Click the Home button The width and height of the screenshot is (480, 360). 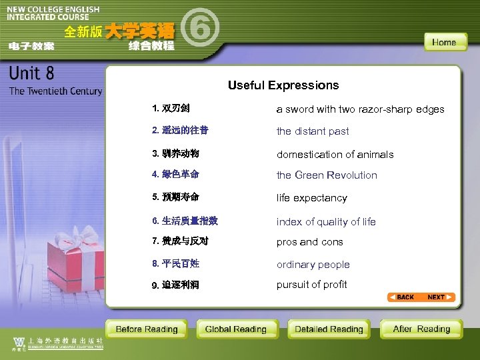(x=444, y=42)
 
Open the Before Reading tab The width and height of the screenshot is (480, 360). (x=147, y=329)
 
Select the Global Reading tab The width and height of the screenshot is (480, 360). (x=235, y=329)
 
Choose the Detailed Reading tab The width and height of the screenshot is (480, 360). (x=329, y=329)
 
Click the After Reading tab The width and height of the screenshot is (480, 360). (x=421, y=329)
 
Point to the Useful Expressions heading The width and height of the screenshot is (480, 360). (x=283, y=85)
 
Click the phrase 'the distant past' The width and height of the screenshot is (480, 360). (x=313, y=131)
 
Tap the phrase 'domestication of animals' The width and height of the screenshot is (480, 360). (x=335, y=155)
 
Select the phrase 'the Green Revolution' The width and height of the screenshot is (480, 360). (x=327, y=175)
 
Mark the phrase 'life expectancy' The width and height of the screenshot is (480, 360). (x=312, y=198)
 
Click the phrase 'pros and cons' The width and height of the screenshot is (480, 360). (x=310, y=242)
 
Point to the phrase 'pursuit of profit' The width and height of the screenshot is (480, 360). (x=312, y=284)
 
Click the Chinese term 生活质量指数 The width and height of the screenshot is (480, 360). (x=189, y=221)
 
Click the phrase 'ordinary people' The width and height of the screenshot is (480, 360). (x=313, y=265)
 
